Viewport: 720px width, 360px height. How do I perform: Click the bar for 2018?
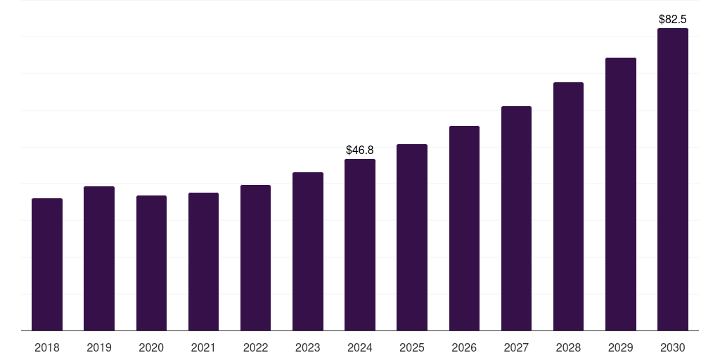coord(47,264)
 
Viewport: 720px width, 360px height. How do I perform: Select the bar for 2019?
coord(98,259)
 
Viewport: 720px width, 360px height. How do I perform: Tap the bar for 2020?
coord(151,263)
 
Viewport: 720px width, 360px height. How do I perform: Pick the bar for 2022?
coord(255,257)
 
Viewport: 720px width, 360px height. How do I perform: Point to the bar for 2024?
coord(359,245)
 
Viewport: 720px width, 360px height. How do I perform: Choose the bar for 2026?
coord(464,229)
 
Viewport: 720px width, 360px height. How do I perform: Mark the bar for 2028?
coord(568,207)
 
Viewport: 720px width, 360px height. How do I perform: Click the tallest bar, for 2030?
coord(673,179)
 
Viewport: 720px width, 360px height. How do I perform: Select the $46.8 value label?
coord(359,150)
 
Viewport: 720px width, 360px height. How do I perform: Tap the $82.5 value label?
coord(673,19)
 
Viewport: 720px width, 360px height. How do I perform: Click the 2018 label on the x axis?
coord(47,347)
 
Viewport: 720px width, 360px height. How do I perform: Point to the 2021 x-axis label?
coord(203,347)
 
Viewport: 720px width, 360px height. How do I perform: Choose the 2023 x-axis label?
coord(308,347)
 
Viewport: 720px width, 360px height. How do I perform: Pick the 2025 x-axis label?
coord(412,347)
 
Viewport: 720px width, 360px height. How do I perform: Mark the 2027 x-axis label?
coord(516,347)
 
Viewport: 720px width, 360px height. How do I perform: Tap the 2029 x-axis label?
coord(620,347)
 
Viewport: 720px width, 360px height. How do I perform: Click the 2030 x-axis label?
coord(673,347)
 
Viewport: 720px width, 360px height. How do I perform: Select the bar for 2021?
coord(203,262)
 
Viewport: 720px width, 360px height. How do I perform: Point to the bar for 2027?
coord(516,219)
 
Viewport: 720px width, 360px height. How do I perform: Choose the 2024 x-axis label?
coord(359,347)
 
